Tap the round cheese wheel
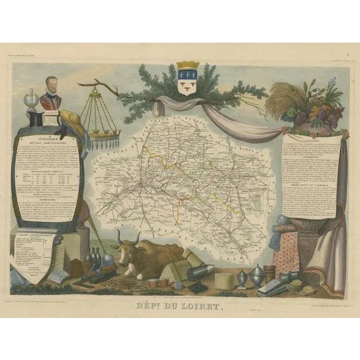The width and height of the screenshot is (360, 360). point(224,280)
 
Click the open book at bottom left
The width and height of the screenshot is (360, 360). point(58,276)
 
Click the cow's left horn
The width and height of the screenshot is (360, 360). point(120,235)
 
